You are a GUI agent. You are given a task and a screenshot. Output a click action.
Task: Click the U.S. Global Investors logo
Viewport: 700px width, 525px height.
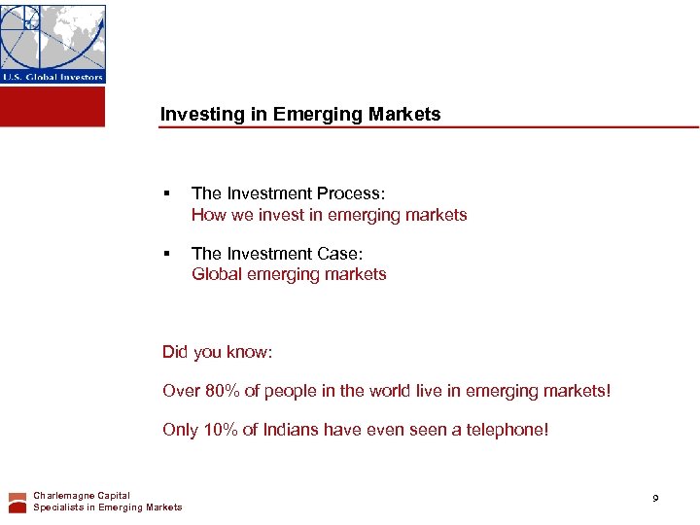52,44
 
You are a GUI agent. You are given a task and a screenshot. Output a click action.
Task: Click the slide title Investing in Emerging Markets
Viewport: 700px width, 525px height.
299,114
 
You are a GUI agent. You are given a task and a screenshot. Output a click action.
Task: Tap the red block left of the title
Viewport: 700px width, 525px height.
52,106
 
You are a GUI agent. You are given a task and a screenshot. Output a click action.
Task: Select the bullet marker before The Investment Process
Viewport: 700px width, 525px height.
167,194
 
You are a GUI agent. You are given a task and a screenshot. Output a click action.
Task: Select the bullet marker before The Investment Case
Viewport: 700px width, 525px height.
167,254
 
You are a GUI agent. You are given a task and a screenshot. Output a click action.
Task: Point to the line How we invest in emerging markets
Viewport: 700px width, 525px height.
329,215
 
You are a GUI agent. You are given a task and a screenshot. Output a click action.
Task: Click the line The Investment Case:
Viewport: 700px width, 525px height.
277,253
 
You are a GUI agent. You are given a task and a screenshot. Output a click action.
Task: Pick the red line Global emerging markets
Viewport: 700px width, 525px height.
289,274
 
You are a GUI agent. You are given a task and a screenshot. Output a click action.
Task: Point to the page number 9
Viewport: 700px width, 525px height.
655,498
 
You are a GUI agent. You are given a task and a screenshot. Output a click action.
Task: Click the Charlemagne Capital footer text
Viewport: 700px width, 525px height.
82,496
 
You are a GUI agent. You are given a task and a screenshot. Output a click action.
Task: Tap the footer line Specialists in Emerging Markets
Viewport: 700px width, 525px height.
107,507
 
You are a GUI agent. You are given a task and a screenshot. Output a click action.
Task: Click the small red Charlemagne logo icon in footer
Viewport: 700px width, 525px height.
17,502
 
